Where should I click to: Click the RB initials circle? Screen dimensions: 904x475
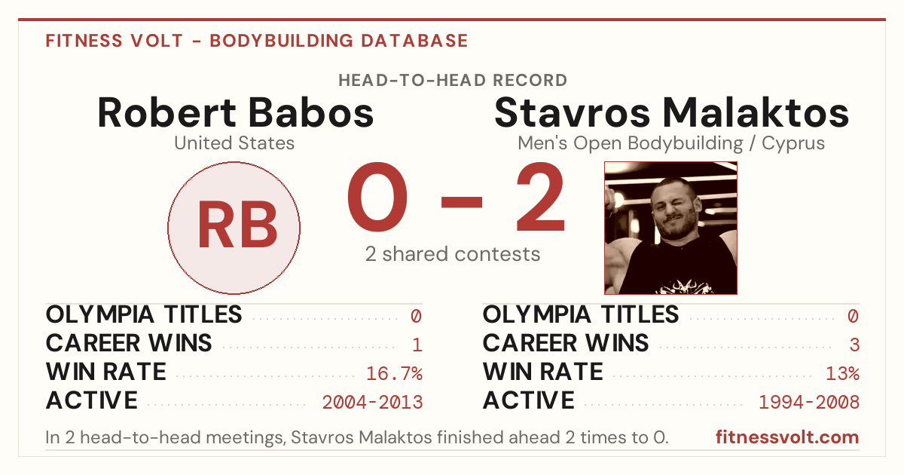tap(234, 228)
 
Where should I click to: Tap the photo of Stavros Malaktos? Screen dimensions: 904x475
tap(670, 228)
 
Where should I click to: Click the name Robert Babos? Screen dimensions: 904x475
tap(235, 112)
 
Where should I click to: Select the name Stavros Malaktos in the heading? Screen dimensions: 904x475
tap(671, 112)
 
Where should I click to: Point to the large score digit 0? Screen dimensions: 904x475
tap(377, 197)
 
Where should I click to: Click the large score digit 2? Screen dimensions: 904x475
tap(540, 197)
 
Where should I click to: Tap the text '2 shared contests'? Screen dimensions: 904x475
tap(453, 254)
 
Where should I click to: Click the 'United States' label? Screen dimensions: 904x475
tap(234, 143)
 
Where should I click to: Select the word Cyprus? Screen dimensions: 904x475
tap(793, 144)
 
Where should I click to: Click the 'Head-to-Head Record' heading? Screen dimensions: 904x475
tap(453, 81)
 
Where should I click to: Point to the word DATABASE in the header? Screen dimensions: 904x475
tap(414, 41)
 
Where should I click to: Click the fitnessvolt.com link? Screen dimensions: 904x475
tap(787, 437)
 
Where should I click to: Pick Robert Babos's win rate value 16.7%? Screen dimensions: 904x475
tap(394, 373)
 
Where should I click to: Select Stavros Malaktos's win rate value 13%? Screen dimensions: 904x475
tap(842, 373)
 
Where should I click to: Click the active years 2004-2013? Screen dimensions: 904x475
tap(372, 402)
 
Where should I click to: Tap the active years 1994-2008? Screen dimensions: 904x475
tap(809, 402)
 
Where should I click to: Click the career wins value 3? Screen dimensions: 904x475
tap(854, 345)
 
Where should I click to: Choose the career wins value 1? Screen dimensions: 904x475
tap(417, 345)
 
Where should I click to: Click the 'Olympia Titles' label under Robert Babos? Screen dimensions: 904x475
tap(144, 314)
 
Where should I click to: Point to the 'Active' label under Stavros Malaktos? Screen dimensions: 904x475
tap(529, 400)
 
